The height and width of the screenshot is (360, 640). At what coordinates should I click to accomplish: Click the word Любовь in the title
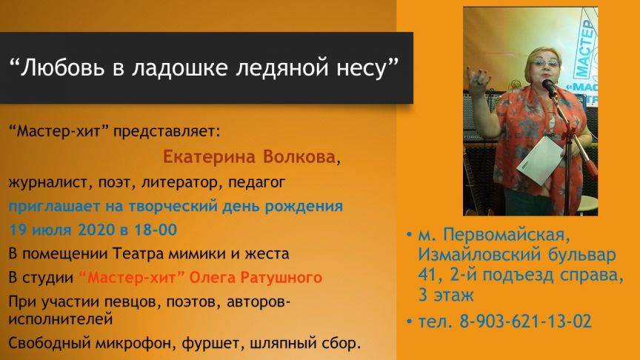pos(62,67)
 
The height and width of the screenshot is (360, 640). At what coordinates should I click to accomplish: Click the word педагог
pos(256,182)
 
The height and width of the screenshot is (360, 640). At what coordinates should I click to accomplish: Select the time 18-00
pos(156,230)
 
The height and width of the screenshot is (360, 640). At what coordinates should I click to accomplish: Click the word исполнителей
pos(61,319)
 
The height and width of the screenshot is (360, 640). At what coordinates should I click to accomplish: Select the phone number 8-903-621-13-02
pos(526,321)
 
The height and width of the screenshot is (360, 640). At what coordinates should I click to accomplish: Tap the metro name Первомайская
pos(506,235)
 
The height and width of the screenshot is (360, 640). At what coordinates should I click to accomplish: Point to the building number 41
pos(427,275)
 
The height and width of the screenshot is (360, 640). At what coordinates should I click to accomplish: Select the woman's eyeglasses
pos(546,63)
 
